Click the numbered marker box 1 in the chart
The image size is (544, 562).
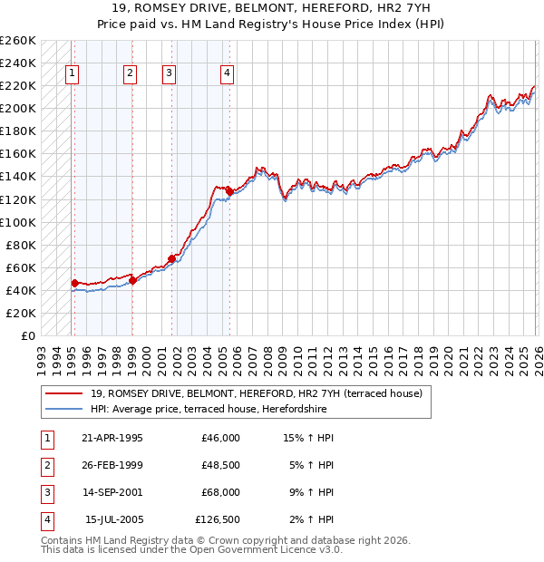pyautogui.click(x=72, y=74)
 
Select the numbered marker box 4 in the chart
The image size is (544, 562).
pyautogui.click(x=227, y=74)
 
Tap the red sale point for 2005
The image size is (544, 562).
pyautogui.click(x=229, y=191)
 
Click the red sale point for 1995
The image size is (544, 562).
pyautogui.click(x=74, y=283)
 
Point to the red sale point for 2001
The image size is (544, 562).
pyautogui.click(x=171, y=258)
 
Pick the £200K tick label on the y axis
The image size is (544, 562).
pyautogui.click(x=18, y=109)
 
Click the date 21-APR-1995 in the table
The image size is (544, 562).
pyautogui.click(x=112, y=438)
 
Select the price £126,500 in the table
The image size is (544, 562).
pyautogui.click(x=218, y=519)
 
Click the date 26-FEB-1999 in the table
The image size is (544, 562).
pyautogui.click(x=112, y=465)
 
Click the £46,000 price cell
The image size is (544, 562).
pyautogui.click(x=220, y=438)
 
